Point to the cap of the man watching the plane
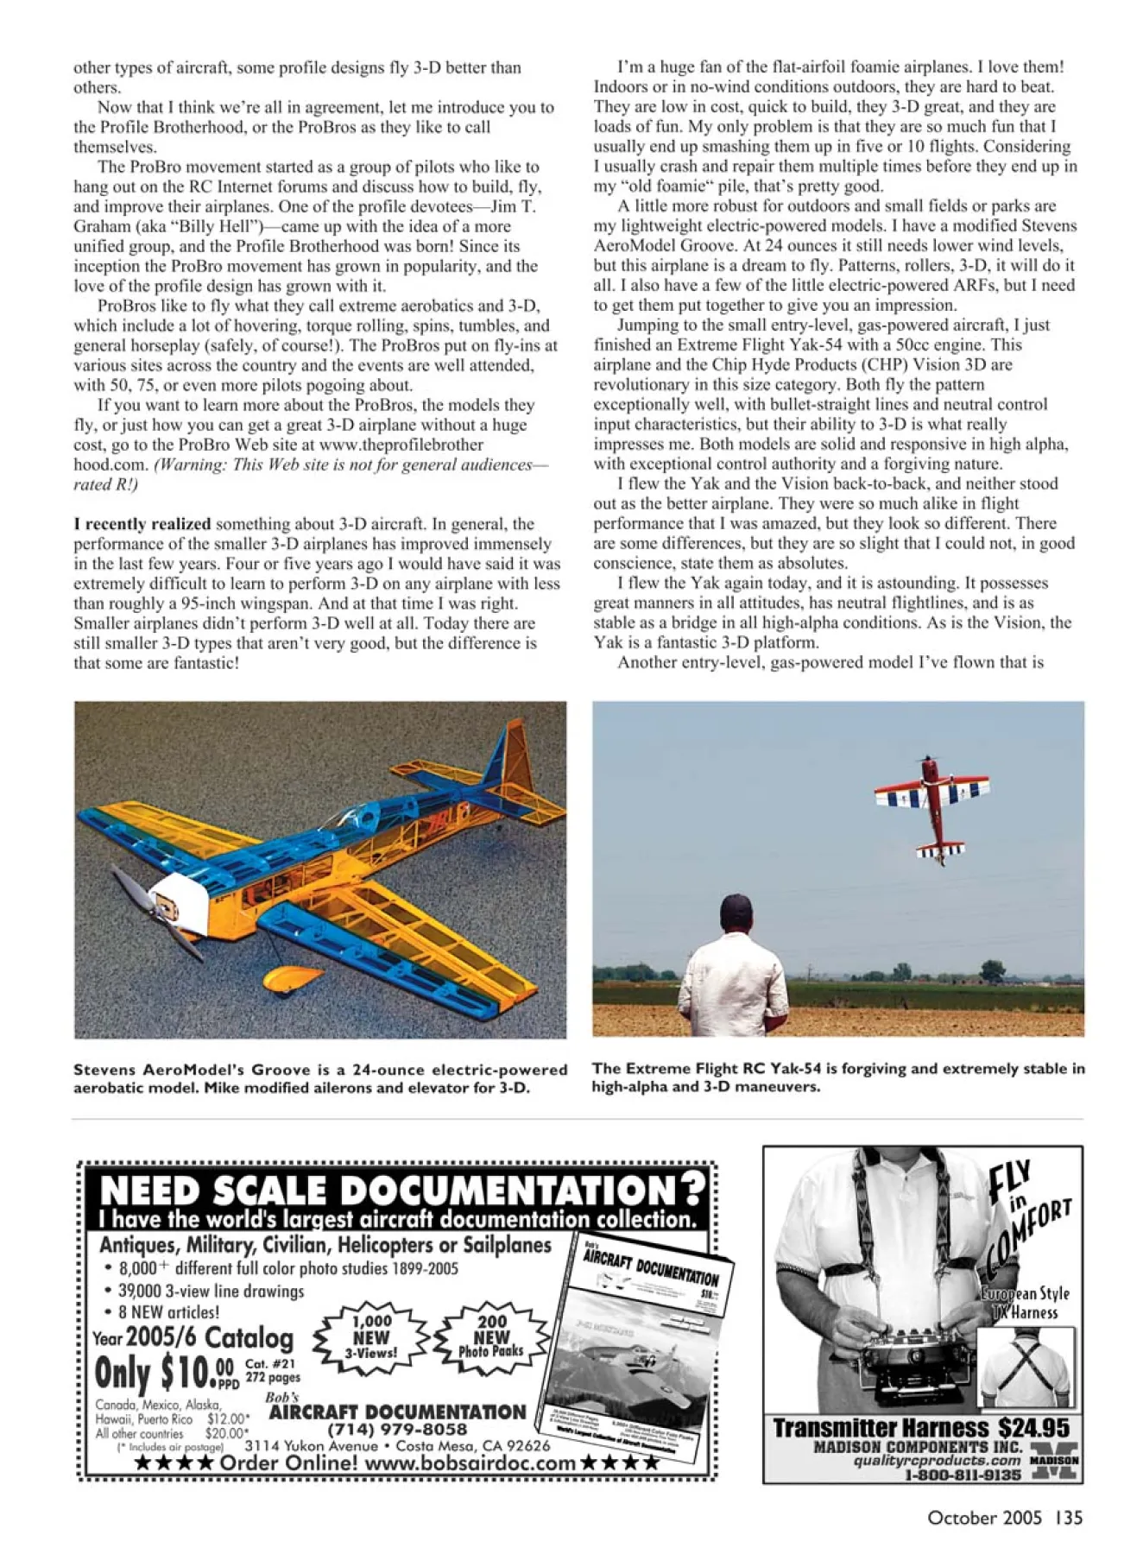(736, 908)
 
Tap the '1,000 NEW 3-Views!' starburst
(371, 1336)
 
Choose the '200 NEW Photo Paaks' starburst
(491, 1336)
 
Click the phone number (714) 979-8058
(397, 1429)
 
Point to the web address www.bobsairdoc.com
(470, 1462)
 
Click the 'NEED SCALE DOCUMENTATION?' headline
(401, 1191)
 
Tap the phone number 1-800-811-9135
(962, 1475)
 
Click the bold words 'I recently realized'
(142, 524)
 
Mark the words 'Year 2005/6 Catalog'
(193, 1337)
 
